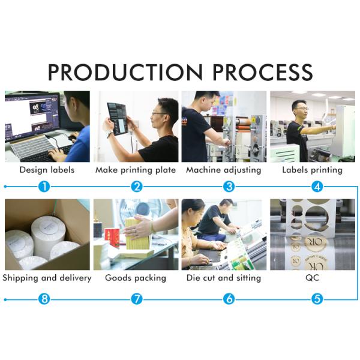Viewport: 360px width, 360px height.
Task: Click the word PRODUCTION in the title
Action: [x=125, y=72]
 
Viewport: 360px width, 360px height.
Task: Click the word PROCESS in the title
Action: [x=263, y=72]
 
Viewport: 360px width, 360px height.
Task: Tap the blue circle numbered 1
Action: [x=44, y=187]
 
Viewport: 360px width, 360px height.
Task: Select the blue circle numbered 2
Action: [x=137, y=187]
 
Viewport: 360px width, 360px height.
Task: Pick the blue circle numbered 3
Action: [x=229, y=187]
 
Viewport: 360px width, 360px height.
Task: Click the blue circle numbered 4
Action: [x=317, y=187]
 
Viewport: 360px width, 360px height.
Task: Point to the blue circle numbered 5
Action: [x=317, y=299]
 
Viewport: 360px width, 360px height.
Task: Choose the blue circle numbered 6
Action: [x=229, y=299]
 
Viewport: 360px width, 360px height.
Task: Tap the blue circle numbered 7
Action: [x=137, y=299]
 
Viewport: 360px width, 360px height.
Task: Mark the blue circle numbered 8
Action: [x=44, y=299]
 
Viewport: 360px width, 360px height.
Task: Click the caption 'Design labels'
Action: [x=47, y=170]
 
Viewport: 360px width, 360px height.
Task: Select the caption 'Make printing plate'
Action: [x=136, y=170]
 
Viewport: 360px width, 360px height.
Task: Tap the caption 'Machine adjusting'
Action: [x=224, y=170]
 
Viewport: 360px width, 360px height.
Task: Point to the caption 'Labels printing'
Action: [x=312, y=170]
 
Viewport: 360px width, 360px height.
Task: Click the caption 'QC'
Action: [x=313, y=278]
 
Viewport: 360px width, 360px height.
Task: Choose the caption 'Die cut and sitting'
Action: [x=224, y=278]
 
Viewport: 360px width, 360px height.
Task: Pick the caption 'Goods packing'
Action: [x=136, y=278]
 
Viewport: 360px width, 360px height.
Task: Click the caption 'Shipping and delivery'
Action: [x=47, y=278]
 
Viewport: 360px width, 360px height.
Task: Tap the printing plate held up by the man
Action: [x=118, y=118]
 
